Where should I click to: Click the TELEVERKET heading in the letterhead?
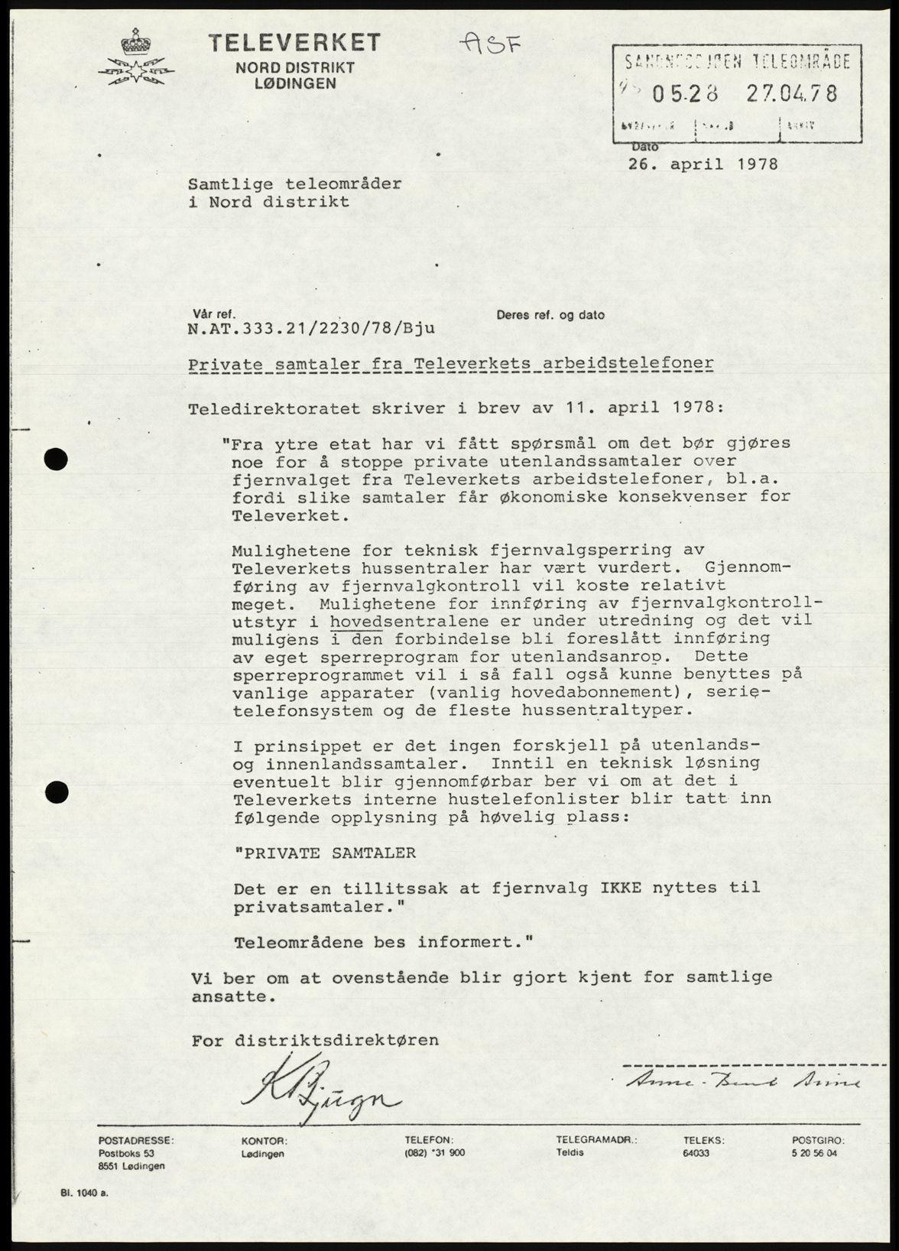click(x=295, y=43)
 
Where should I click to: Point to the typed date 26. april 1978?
click(x=703, y=164)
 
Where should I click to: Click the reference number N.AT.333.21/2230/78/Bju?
click(x=311, y=329)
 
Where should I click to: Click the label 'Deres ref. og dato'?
click(x=550, y=314)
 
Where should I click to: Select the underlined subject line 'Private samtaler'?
click(x=451, y=364)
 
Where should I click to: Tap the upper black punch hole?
click(x=57, y=458)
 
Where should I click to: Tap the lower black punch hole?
click(x=57, y=791)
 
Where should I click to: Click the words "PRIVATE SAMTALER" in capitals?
click(x=325, y=853)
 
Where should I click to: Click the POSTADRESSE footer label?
click(x=136, y=1139)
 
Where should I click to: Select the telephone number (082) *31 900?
click(x=434, y=1153)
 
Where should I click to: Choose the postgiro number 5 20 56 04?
click(x=815, y=1153)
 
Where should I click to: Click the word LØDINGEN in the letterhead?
click(x=295, y=83)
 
